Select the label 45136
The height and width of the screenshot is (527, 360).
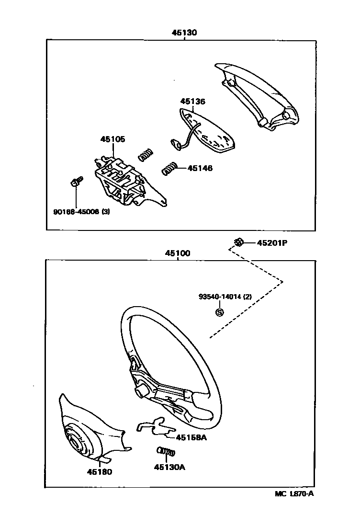[x=192, y=102]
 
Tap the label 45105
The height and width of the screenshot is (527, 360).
[x=112, y=139]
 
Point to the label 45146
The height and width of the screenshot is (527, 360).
[x=200, y=168]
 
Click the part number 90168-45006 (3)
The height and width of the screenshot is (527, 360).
[x=81, y=211]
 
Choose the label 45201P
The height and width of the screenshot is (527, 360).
[x=271, y=242]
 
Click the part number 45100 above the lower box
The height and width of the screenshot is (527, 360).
[x=178, y=253]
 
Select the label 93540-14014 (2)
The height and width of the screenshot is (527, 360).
[x=225, y=297]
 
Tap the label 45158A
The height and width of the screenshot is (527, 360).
[x=191, y=437]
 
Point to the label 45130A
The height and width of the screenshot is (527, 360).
[x=169, y=467]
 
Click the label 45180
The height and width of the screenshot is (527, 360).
[x=99, y=472]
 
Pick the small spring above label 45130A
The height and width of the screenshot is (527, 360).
[x=166, y=451]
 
